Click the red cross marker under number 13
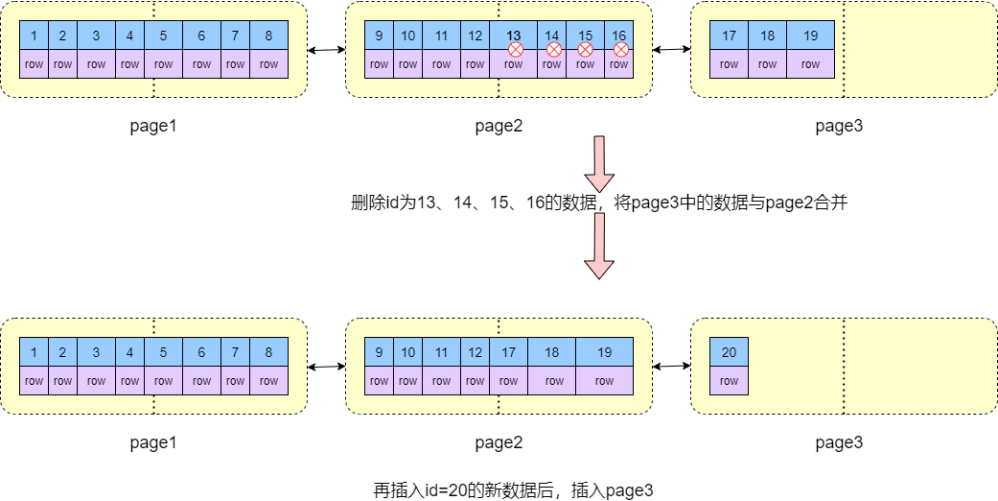(515, 49)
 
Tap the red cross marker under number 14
(553, 49)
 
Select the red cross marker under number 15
(585, 49)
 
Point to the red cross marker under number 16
(620, 49)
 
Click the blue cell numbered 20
(729, 352)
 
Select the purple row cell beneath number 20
(729, 381)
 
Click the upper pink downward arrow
(599, 164)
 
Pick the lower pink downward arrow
(599, 245)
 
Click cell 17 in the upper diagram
(729, 36)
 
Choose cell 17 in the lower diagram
(508, 352)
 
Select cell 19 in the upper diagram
(810, 36)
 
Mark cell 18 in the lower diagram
(551, 352)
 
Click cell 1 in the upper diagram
(34, 36)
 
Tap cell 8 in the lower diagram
(268, 352)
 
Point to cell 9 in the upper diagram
(379, 36)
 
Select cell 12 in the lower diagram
(475, 352)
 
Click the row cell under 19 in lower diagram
(604, 381)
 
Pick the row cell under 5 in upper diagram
(163, 64)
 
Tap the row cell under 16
(618, 65)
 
